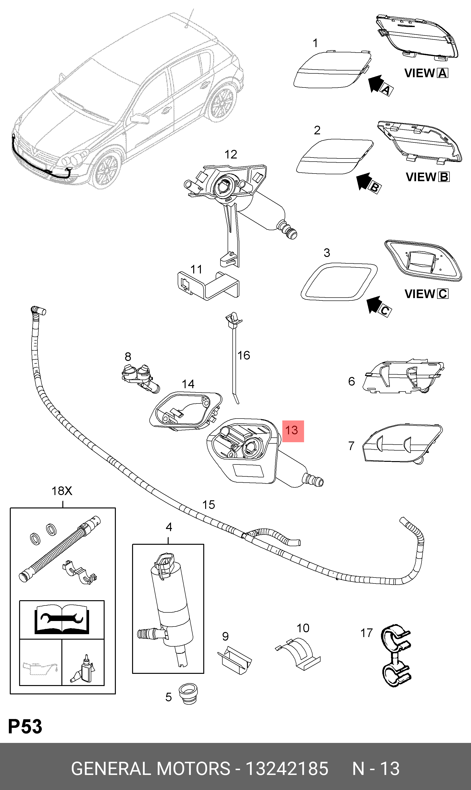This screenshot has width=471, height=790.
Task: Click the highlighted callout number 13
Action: (293, 431)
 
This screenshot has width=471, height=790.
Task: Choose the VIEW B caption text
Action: (427, 177)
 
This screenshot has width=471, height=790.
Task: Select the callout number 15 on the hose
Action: (209, 505)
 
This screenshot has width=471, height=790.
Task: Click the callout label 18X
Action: (62, 491)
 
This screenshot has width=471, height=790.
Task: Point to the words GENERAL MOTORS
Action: (150, 768)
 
